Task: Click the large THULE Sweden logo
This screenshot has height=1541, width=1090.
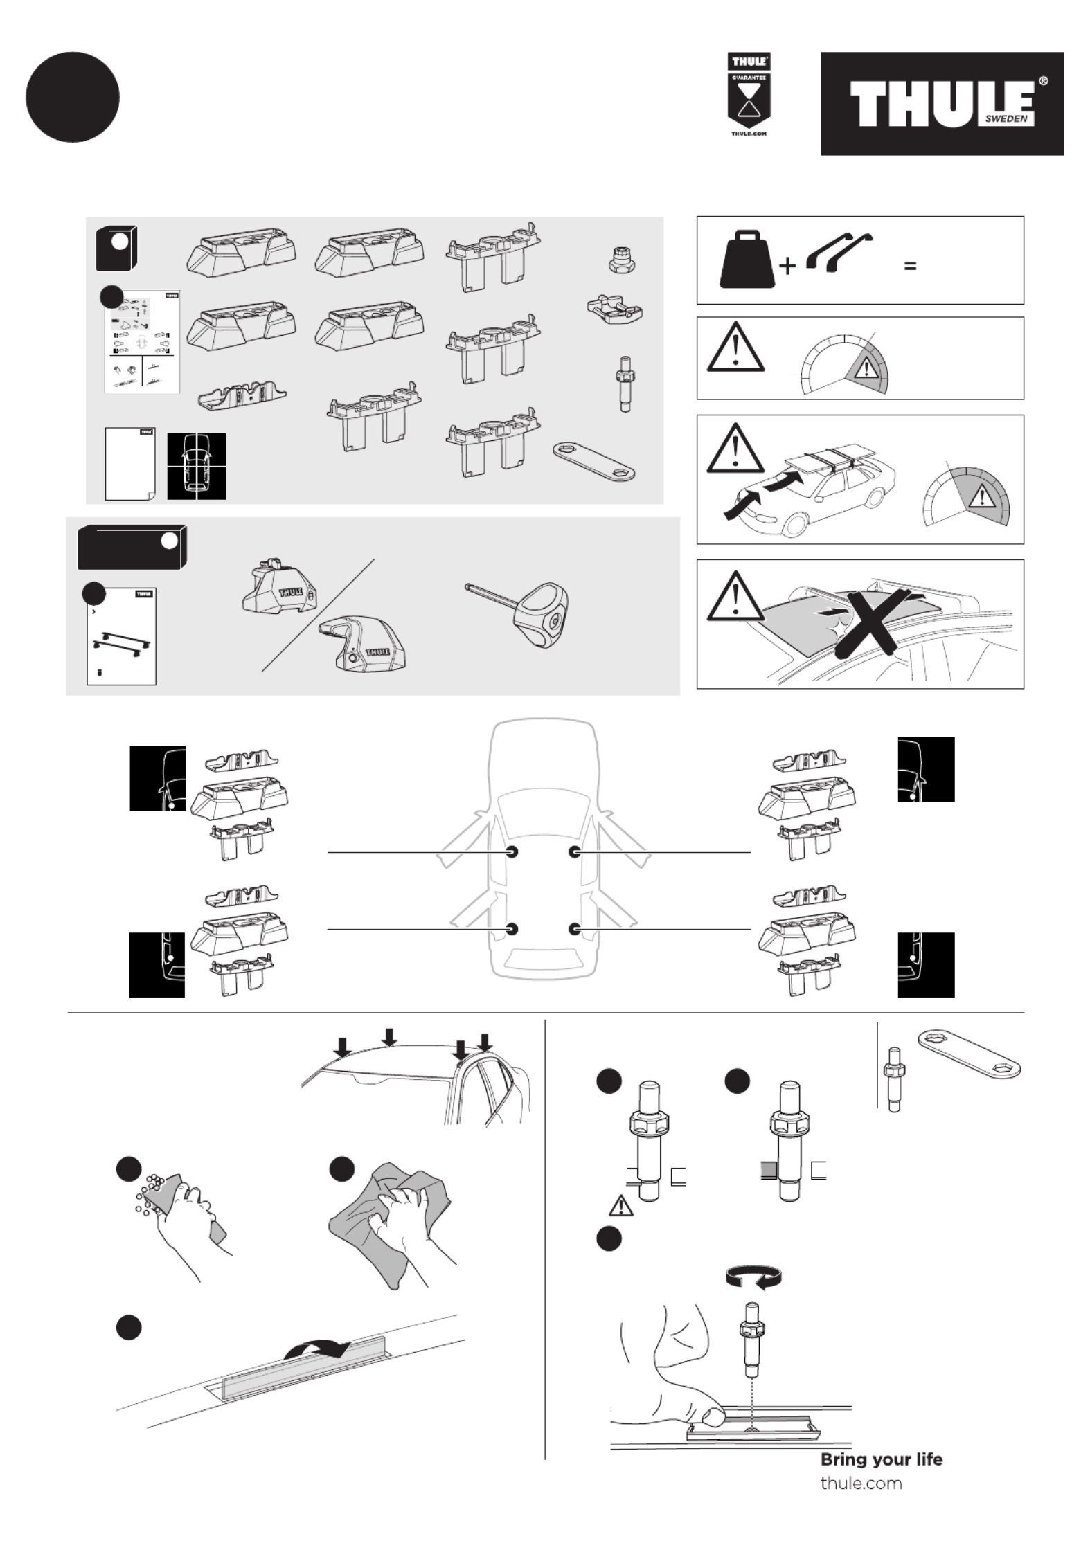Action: point(941,103)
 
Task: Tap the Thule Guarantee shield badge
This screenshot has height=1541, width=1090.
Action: point(749,95)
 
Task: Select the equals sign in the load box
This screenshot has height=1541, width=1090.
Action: point(910,265)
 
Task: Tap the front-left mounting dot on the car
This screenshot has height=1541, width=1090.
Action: point(512,851)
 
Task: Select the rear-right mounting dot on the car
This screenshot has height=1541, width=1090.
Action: point(575,929)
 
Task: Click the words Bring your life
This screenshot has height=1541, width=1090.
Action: point(881,1459)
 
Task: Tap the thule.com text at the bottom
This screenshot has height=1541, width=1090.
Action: point(861,1483)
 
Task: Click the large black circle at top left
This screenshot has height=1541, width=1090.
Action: point(73,97)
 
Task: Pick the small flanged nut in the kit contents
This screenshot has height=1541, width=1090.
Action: point(620,260)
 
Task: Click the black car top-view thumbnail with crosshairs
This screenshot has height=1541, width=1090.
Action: point(197,466)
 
